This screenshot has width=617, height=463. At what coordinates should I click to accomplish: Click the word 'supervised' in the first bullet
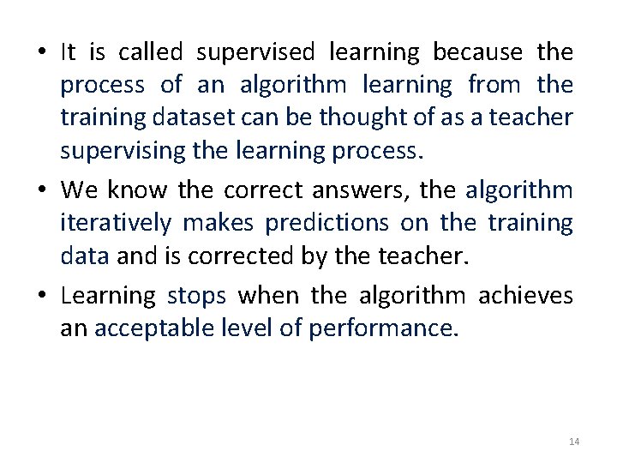[256, 53]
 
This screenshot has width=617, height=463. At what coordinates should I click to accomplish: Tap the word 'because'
[477, 53]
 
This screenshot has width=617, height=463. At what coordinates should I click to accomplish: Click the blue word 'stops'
[197, 297]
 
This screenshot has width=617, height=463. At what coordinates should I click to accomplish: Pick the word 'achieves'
[525, 297]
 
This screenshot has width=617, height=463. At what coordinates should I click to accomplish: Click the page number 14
[574, 442]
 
